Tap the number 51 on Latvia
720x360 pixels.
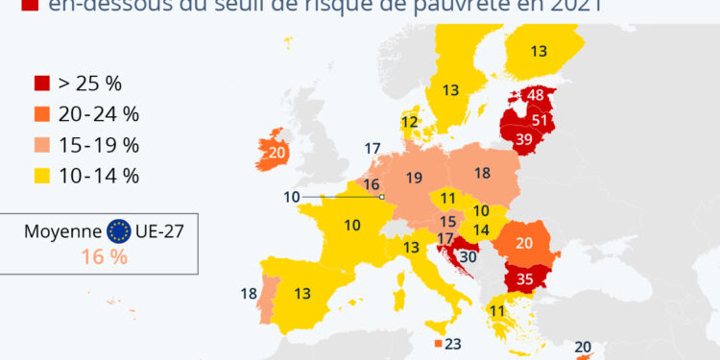point(540,120)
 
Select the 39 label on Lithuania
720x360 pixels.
point(525,139)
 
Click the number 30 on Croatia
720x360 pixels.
point(470,256)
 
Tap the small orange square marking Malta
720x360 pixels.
point(438,344)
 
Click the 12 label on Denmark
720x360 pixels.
point(410,122)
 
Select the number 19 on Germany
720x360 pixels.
point(414,178)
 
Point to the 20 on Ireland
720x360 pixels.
point(278,153)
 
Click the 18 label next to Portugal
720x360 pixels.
point(248,294)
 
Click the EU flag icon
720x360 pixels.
point(120,231)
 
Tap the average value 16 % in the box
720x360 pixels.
point(103,256)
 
